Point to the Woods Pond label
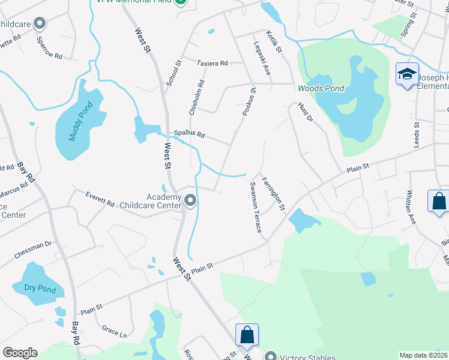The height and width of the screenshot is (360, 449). click(321, 89)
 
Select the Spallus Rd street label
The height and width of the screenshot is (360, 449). click(189, 134)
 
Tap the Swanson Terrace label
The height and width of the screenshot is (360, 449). click(255, 208)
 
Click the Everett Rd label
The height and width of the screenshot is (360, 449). click(100, 199)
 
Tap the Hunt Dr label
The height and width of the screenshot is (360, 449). click(306, 112)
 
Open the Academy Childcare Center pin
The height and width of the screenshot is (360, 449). click(190, 200)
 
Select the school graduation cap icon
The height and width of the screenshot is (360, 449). click(406, 74)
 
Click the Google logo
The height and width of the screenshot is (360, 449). click(20, 353)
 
